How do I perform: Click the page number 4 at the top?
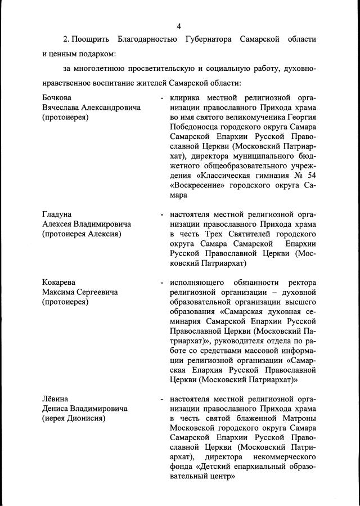pos(179,26)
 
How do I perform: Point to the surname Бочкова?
pos(57,97)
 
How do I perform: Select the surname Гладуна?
pos(57,214)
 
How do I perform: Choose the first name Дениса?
pos(57,409)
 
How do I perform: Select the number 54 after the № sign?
pos(309,176)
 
